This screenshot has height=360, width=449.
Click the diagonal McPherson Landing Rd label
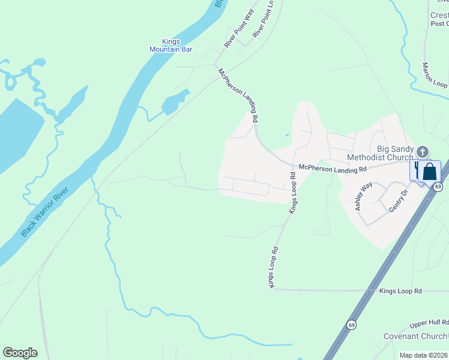click(240, 97)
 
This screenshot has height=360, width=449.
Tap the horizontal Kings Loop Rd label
click(400, 291)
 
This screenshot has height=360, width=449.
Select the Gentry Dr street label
click(398, 200)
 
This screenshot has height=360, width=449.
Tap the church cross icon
click(423, 152)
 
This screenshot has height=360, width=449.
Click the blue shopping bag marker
click(430, 171)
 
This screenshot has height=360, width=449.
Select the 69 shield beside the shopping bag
click(439, 187)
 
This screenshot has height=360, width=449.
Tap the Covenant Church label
click(415, 337)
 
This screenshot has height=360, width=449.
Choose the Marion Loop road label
click(433, 76)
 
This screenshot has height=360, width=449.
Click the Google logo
click(20, 353)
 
